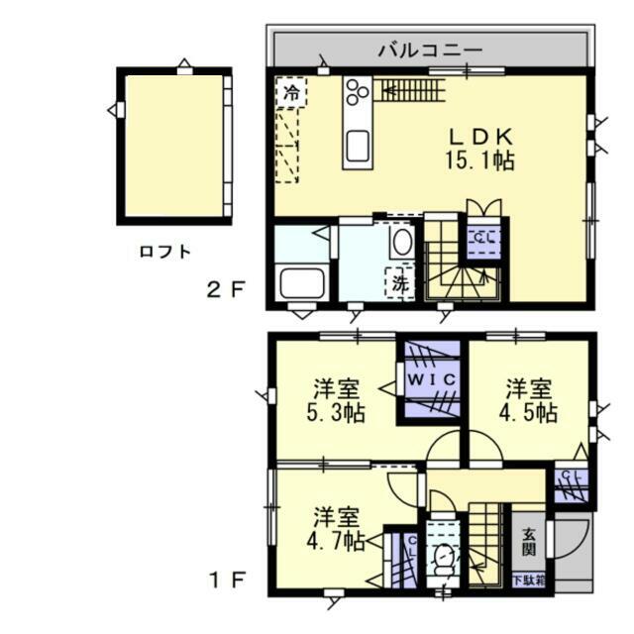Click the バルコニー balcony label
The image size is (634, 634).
point(430,49)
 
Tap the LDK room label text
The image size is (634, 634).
point(484,137)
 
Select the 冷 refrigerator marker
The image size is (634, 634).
point(291,93)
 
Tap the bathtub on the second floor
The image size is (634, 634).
point(303,282)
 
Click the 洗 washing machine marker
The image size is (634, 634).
point(399,282)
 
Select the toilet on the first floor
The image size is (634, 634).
point(443,560)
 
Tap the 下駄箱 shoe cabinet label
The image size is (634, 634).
point(528,580)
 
